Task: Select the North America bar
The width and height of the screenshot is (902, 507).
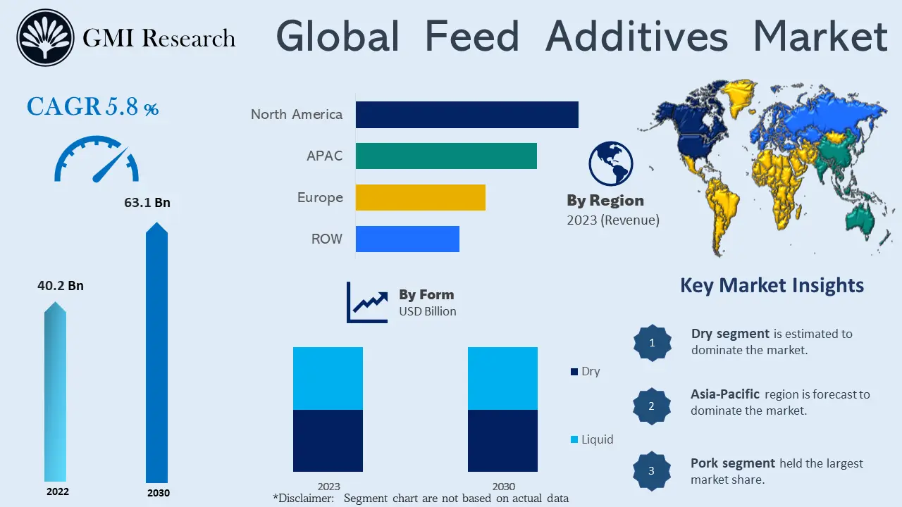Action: (x=467, y=114)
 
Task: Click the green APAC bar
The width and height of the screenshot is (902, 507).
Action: (x=446, y=156)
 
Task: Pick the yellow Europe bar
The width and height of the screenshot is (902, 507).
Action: (x=420, y=197)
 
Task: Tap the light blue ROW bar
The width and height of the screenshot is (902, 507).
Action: (x=407, y=239)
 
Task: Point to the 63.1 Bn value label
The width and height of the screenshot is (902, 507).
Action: (x=147, y=203)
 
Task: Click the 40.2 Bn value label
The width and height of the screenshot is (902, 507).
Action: (x=61, y=285)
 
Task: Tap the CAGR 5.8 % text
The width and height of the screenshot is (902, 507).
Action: (x=92, y=107)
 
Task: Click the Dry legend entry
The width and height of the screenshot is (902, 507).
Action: (x=585, y=371)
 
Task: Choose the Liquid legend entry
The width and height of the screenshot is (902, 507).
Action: (x=591, y=439)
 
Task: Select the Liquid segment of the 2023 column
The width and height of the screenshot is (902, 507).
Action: (x=328, y=378)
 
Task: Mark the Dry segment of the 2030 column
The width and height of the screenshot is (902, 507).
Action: (x=502, y=440)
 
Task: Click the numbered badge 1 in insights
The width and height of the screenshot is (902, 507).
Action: (x=652, y=343)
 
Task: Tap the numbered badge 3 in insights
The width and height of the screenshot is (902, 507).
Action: (x=651, y=470)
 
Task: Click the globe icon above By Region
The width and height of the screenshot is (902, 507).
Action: (x=610, y=163)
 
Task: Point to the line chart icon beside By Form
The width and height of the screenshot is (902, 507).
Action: (x=367, y=303)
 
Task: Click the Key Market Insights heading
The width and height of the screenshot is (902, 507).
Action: (x=772, y=285)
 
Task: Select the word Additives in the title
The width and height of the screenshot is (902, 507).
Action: (x=636, y=36)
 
